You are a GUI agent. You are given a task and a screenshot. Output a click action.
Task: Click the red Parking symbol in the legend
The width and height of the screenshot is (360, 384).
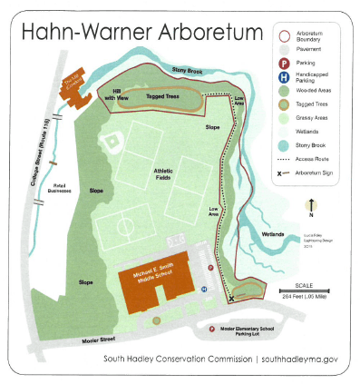(282, 64)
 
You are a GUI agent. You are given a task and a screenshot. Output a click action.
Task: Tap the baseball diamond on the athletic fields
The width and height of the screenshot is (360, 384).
(114, 140)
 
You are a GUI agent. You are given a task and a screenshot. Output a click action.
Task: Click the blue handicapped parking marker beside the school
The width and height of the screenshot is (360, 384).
(204, 289)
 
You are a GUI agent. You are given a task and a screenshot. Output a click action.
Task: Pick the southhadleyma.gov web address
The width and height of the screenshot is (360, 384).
(299, 359)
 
